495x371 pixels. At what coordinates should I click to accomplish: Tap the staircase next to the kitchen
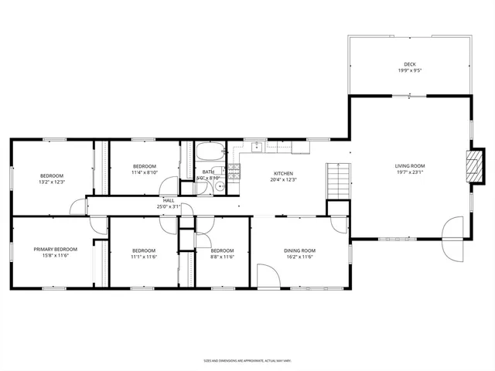336,181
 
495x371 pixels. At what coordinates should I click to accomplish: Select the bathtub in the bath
209,151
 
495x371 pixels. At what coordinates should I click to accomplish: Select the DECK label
409,64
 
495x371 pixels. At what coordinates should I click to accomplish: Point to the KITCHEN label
284,173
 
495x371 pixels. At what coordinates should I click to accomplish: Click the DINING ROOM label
299,250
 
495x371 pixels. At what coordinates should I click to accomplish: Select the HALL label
169,200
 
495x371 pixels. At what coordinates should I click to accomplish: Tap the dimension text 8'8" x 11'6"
222,257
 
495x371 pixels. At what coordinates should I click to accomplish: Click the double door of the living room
451,239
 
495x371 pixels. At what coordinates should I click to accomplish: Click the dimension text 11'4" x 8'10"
145,173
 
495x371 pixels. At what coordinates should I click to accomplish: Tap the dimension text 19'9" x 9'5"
409,71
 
